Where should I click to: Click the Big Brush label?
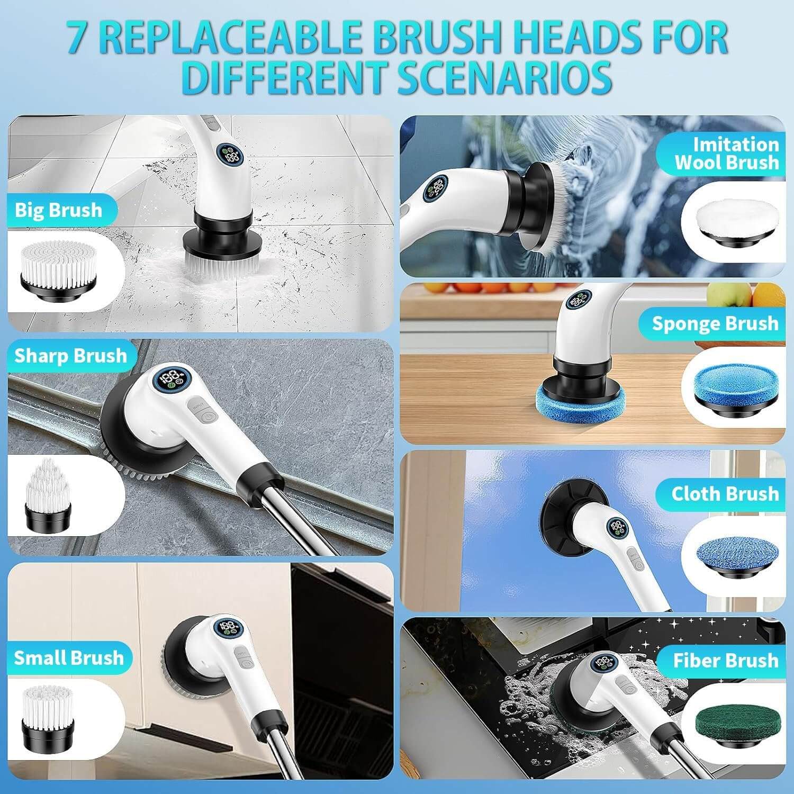58,210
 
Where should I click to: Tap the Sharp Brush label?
70,356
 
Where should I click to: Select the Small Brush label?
69,658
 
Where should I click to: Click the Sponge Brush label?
715,323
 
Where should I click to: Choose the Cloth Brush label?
725,493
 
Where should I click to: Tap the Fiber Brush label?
726,661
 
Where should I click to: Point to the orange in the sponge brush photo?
762,294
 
